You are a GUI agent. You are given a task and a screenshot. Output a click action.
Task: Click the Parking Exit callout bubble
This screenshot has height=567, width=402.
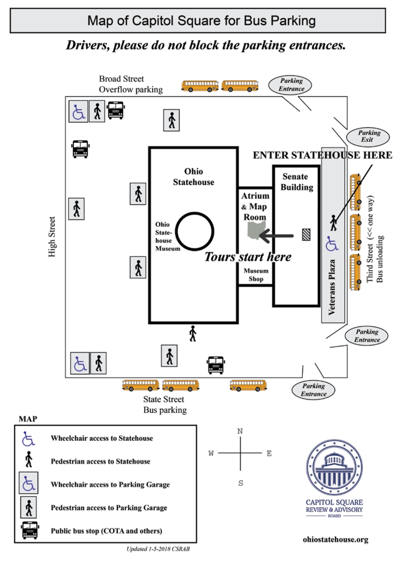(x=368, y=137)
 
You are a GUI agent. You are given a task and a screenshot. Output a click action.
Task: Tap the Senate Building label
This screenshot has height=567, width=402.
(x=296, y=182)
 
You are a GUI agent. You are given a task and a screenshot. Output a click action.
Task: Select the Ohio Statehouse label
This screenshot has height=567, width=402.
(x=194, y=177)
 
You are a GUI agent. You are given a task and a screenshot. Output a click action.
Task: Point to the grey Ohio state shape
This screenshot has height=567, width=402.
(x=257, y=230)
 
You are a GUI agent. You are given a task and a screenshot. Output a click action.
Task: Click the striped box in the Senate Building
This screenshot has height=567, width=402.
(x=306, y=235)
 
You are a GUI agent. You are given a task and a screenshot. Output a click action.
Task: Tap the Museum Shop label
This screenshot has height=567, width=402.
(x=256, y=274)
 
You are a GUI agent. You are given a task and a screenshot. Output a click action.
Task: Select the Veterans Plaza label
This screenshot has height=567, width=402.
(x=332, y=287)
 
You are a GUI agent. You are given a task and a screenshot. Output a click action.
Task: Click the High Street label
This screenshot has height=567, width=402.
(x=52, y=237)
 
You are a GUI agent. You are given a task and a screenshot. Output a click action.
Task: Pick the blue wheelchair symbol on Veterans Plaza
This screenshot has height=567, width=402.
(x=332, y=244)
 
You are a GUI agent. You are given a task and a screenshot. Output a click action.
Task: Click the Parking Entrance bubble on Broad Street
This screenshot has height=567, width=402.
(x=290, y=85)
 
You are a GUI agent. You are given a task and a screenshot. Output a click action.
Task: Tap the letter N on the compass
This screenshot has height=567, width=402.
(x=240, y=431)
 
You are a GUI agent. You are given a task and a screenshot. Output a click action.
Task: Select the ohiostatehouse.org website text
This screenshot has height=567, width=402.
(x=336, y=540)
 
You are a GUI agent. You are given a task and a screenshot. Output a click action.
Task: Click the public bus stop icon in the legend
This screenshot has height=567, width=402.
(x=30, y=530)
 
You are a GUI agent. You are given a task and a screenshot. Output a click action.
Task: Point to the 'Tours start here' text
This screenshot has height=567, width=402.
(x=248, y=257)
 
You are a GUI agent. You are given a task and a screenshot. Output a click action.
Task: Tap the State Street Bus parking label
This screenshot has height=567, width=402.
(x=165, y=404)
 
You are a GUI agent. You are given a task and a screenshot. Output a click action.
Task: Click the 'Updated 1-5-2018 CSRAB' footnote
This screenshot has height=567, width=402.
(x=158, y=549)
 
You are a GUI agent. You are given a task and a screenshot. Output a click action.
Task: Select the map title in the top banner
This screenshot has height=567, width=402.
(x=201, y=20)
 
